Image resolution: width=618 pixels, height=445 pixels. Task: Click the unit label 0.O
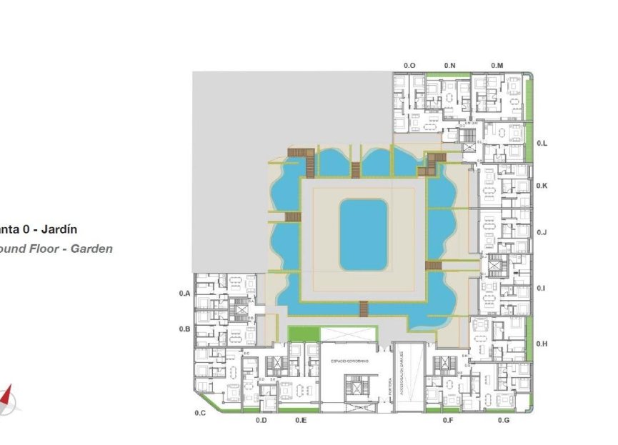coord(409,66)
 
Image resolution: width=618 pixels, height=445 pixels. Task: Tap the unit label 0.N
coord(449,66)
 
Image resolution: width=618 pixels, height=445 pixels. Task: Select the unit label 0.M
coord(497,66)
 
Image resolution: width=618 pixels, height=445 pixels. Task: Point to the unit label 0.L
coord(542,143)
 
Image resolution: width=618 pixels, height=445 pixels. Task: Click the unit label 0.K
coord(542,186)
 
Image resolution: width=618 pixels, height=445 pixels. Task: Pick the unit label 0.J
coord(542,232)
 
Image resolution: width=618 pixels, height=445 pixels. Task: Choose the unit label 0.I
coord(542,288)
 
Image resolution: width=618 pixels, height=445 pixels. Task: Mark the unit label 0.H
coord(542,344)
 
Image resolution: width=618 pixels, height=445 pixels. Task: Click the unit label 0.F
coord(448,420)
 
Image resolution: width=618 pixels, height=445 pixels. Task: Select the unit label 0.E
coord(301,420)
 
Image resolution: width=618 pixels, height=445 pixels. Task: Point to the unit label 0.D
coord(261,420)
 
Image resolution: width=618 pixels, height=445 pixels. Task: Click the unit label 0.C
coord(200,413)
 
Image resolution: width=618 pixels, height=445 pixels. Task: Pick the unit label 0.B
coord(184,329)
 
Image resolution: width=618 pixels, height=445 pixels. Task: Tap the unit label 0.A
coord(184,294)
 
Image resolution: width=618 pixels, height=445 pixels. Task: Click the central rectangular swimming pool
coord(363,235)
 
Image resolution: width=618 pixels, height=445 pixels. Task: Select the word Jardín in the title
coord(59,230)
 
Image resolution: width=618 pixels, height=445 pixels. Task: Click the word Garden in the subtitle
coord(91,249)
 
